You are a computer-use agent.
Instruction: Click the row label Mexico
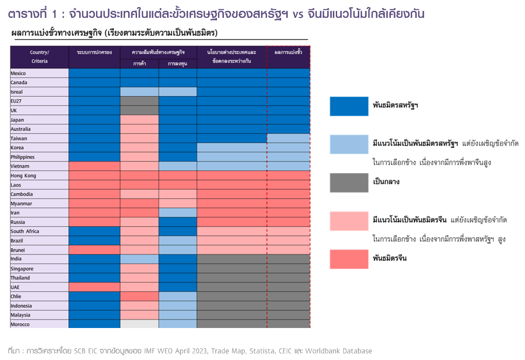coord(19,73)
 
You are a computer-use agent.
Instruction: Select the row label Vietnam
coord(20,166)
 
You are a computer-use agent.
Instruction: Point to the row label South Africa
coord(25,231)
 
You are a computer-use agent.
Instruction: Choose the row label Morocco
coord(20,324)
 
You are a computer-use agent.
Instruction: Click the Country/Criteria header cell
coord(40,57)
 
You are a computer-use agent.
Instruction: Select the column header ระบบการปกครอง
coord(94,53)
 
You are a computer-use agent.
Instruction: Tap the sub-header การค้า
coord(139,64)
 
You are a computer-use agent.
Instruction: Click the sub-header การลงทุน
coord(178,64)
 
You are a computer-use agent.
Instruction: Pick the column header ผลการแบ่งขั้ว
coord(288,53)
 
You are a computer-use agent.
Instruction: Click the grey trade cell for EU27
coord(139,101)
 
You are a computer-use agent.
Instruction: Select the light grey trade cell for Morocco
coord(139,324)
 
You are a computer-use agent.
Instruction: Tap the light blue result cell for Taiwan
coord(288,138)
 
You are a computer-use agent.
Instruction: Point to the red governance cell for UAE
coord(94,287)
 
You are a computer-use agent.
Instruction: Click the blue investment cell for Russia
coord(178,222)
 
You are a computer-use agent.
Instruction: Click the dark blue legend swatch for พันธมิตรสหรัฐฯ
coord(349,106)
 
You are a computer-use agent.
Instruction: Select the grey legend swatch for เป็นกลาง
coord(349,183)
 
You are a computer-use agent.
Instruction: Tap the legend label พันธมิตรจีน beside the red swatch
coord(390,258)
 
